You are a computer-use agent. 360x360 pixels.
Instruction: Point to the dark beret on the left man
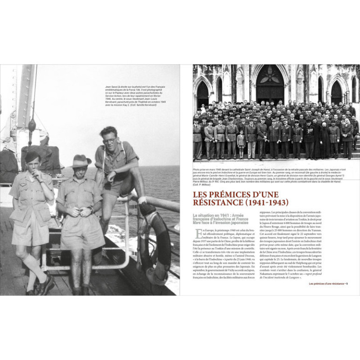(33, 155)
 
